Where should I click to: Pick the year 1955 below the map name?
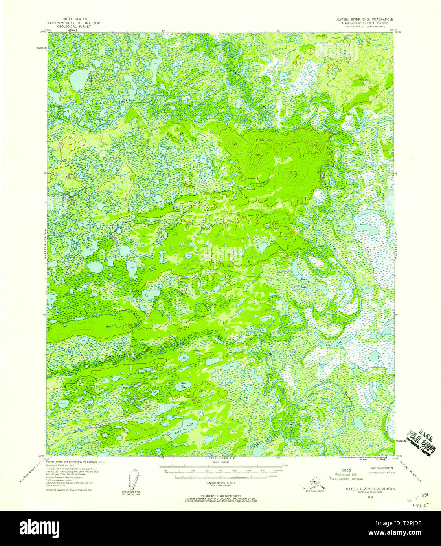(370, 497)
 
